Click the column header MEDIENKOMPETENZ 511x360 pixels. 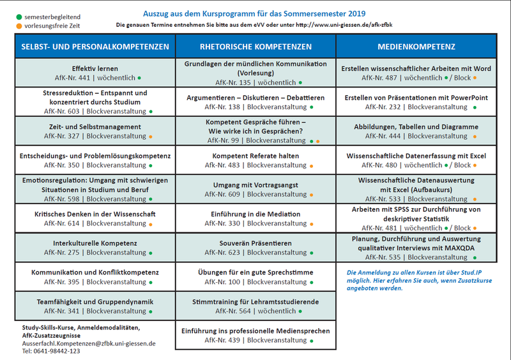pyautogui.click(x=416, y=47)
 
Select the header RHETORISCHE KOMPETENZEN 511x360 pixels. pyautogui.click(x=256, y=47)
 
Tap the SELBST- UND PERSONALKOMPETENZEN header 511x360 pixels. pyautogui.click(x=95, y=47)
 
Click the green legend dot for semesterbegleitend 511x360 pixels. pyautogui.click(x=19, y=17)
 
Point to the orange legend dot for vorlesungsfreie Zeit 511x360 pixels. pyautogui.click(x=19, y=26)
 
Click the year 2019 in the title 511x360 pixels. pyautogui.click(x=357, y=13)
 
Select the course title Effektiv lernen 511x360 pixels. pyautogui.click(x=95, y=68)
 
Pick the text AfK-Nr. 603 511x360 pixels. pyautogui.click(x=61, y=111)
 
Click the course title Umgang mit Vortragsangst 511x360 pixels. pyautogui.click(x=256, y=185)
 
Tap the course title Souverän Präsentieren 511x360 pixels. pyautogui.click(x=256, y=243)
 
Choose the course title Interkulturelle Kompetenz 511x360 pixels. pyautogui.click(x=95, y=243)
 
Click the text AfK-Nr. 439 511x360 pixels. pyautogui.click(x=222, y=340)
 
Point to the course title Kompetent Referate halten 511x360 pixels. pyautogui.click(x=256, y=156)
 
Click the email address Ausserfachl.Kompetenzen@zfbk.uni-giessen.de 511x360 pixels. pyautogui.click(x=89, y=343)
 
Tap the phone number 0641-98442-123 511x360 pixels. pyautogui.click(x=57, y=351)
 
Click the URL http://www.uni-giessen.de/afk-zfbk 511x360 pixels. pyautogui.click(x=344, y=25)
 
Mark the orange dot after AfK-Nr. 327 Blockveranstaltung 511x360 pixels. pyautogui.click(x=151, y=137)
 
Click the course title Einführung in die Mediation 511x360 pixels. pyautogui.click(x=256, y=214)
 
